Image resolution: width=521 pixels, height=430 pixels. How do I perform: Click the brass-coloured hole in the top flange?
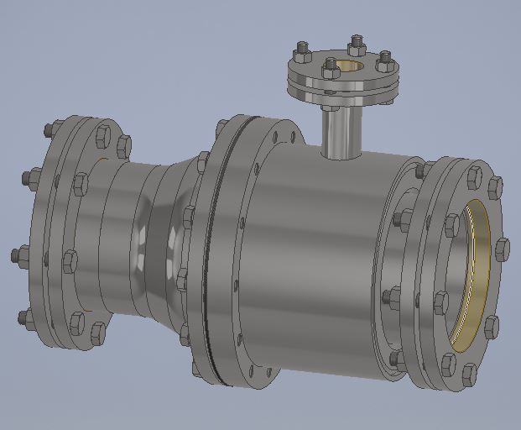coord(352,66)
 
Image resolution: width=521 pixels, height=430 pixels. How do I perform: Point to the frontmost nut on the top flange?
coord(330,69)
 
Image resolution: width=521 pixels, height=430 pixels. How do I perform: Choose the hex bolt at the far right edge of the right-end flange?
coord(502,249)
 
